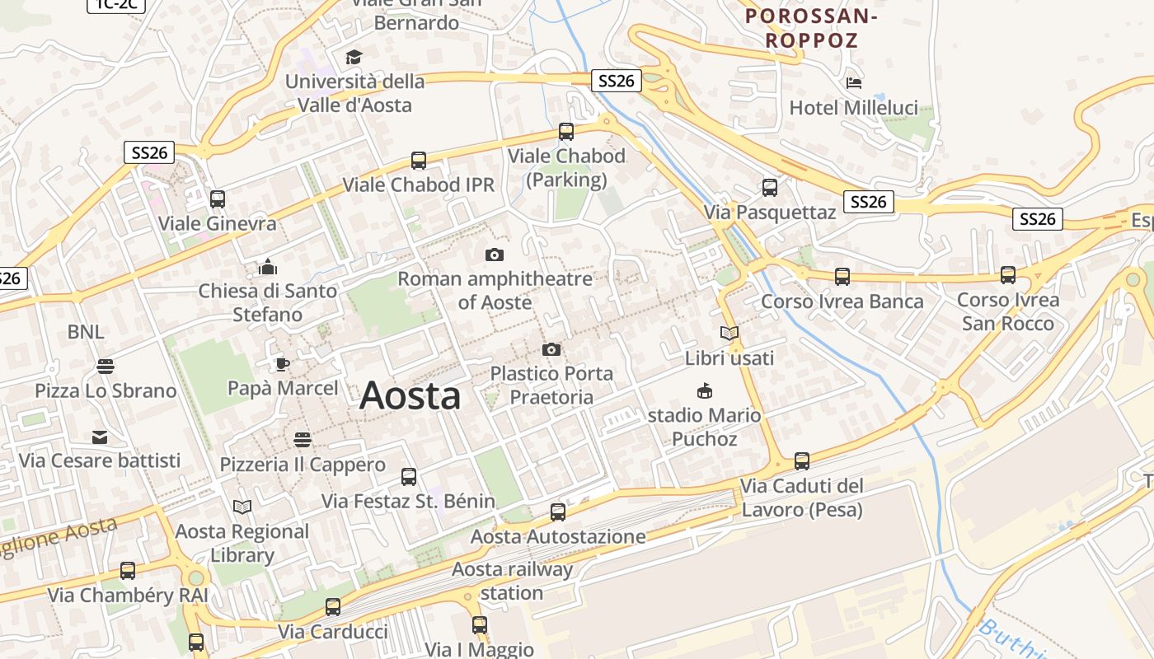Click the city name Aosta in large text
coord(410,396)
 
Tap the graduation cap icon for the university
coord(354,58)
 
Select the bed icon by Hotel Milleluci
coord(854,83)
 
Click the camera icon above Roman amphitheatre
coord(495,255)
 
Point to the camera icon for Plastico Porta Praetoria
coord(551,350)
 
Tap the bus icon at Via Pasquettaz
coord(770,188)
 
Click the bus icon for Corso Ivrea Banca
coord(842,277)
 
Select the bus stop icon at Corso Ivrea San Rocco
coord(1008,275)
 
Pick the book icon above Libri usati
coord(729,334)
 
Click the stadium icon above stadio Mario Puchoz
coord(705,390)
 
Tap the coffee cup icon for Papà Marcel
coord(283,364)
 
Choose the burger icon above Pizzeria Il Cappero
coord(303,440)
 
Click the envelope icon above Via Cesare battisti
coord(100,437)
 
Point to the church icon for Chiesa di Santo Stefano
coord(268,267)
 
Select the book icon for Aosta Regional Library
coord(242,507)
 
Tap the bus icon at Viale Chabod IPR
coord(419,161)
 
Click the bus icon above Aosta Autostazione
coord(558,512)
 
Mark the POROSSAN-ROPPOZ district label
coord(811,27)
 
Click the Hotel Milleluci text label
coord(853,108)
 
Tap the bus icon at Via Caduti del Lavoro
coord(802,461)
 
